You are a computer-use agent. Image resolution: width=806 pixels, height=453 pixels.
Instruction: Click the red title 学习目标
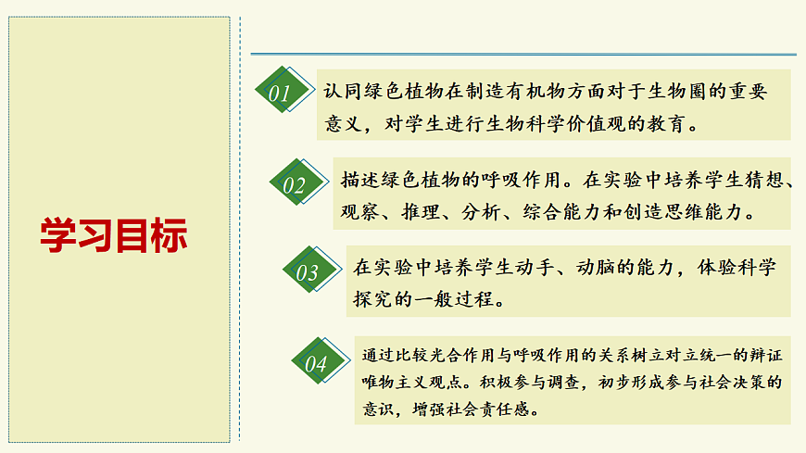pos(114,235)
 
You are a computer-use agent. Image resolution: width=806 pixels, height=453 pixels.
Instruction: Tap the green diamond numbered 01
pos(280,92)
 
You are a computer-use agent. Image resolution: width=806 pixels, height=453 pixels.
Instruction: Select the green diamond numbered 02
pos(295,183)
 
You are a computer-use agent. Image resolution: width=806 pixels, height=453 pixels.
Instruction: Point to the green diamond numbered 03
pos(307,271)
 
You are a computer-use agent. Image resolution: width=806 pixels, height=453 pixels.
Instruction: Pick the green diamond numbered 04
pos(316,363)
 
